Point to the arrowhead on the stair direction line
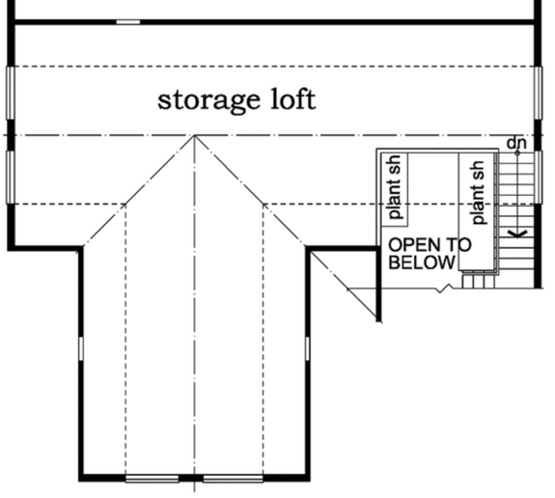point(513,232)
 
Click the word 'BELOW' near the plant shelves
point(421,263)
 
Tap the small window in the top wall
point(127,21)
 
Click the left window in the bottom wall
point(153,478)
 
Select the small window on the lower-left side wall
point(81,348)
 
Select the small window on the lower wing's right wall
point(308,348)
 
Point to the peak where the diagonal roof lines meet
point(195,136)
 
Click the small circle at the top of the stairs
point(517,152)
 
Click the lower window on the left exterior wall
point(10,177)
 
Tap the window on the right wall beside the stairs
point(538,164)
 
